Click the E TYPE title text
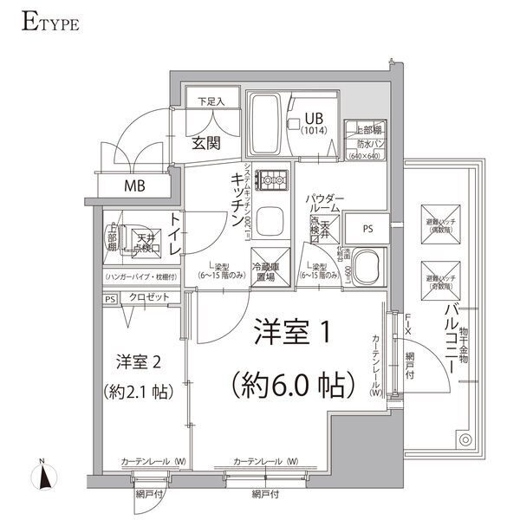pos(49,21)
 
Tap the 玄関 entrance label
pos(205,142)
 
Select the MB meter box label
pos(133,185)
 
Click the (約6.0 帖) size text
pos(289,381)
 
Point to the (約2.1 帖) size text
pos(139,392)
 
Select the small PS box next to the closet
pos(110,299)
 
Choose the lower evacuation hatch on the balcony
pos(436,275)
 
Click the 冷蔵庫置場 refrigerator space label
pos(263,271)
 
